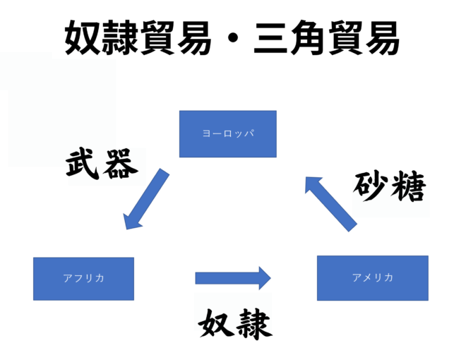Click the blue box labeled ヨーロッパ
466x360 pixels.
coord(227,133)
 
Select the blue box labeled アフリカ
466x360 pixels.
coord(83,278)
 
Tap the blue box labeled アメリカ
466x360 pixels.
coord(372,277)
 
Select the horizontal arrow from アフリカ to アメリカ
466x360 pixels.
coord(233,277)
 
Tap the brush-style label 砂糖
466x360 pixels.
coord(389,186)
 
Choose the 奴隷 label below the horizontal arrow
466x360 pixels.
coord(234,324)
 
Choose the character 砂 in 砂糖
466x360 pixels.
coord(370,186)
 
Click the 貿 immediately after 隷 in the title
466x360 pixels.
coord(155,36)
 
